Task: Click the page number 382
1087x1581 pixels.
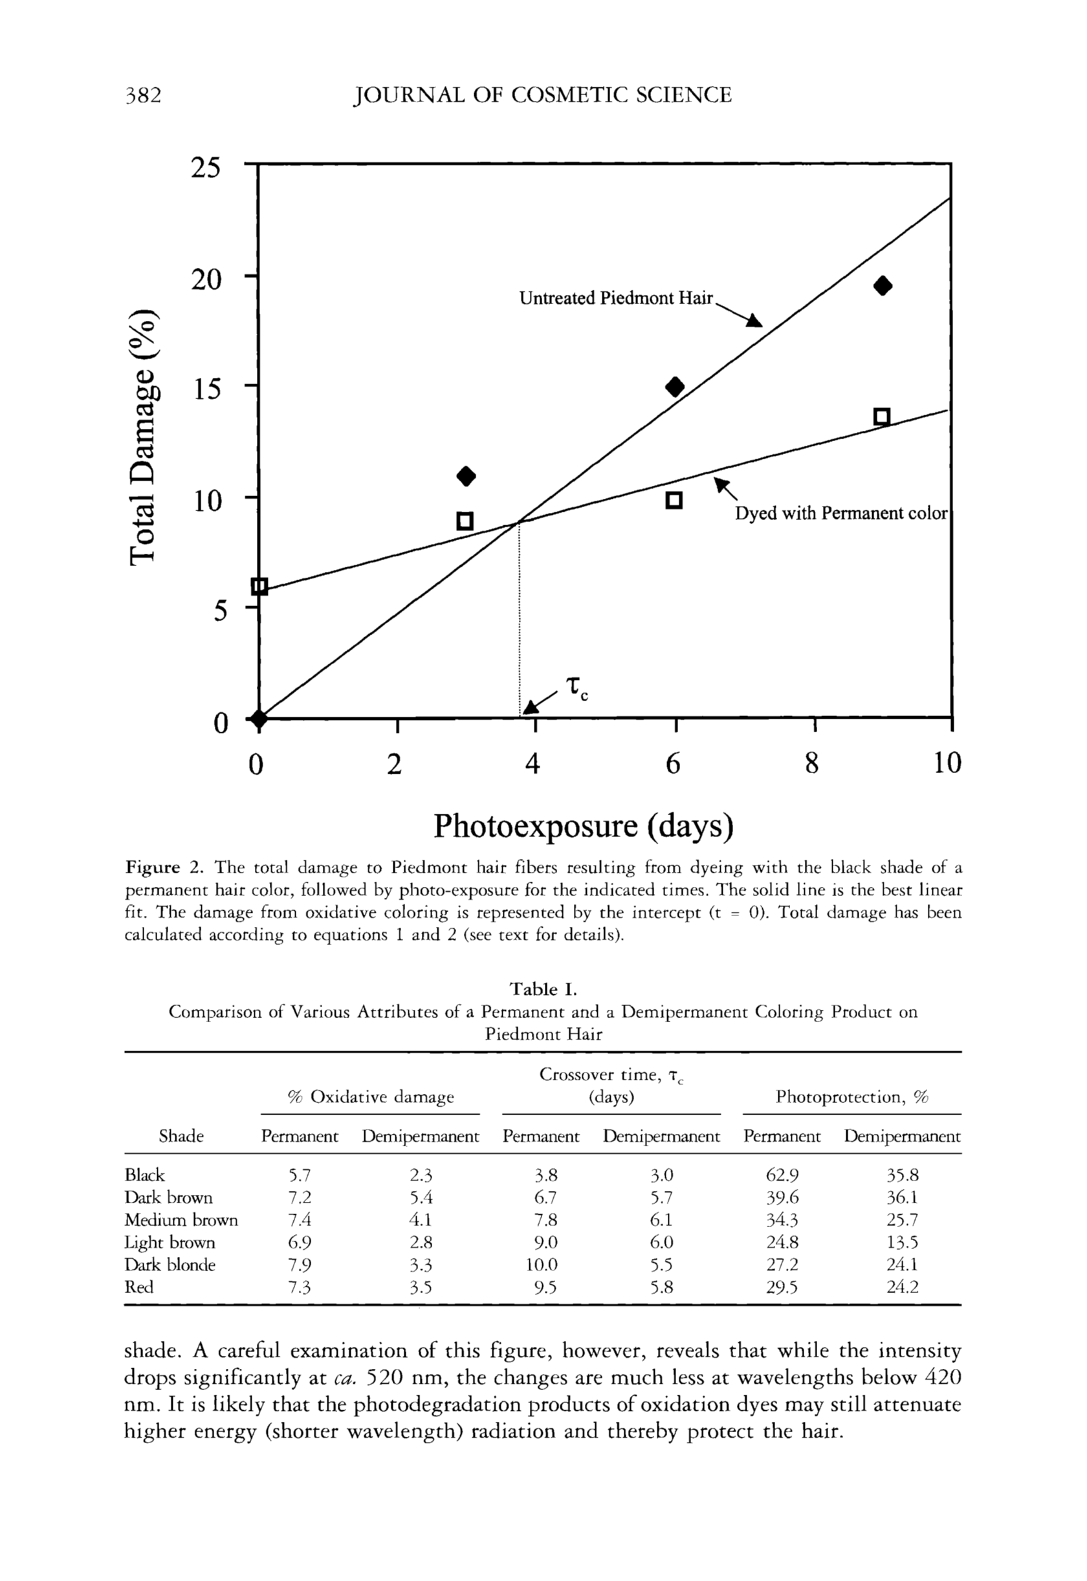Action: click(x=143, y=94)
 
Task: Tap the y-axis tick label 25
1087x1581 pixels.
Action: click(x=206, y=168)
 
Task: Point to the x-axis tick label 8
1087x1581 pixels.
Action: click(x=811, y=764)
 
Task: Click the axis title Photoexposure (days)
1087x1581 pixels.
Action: click(x=584, y=826)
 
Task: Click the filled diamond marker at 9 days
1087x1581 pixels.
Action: click(x=883, y=285)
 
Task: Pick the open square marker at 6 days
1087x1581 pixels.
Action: click(x=674, y=501)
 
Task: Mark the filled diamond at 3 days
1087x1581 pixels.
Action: click(x=466, y=476)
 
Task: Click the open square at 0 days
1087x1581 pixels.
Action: click(x=259, y=586)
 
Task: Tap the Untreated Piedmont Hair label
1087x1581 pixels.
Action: click(x=616, y=298)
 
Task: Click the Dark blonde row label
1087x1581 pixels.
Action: click(x=170, y=1265)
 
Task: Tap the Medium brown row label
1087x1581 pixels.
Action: click(x=181, y=1219)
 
